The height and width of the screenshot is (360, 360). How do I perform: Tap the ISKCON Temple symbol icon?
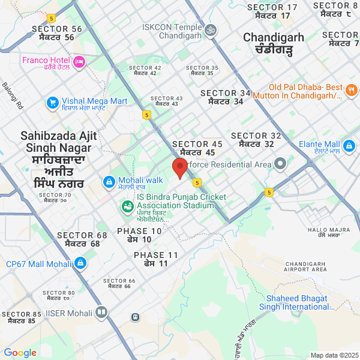210,29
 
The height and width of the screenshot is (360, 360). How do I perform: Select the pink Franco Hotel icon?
79,61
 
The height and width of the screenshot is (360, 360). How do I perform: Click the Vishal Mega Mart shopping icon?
53,103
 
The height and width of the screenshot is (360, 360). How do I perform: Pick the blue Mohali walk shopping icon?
109,181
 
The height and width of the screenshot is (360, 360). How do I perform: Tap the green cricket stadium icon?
127,206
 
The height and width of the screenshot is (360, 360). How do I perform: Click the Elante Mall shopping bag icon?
349,145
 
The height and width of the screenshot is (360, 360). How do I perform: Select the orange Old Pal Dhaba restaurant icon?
352,91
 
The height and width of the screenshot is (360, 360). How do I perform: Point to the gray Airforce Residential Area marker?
280,164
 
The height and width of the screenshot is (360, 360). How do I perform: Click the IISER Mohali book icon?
101,313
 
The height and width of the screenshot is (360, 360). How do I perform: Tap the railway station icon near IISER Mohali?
136,317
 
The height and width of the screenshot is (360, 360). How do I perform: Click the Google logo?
20,353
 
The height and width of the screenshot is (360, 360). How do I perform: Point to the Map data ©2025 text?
333,355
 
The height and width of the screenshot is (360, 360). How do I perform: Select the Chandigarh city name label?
273,43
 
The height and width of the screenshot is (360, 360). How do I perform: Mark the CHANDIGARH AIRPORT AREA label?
306,267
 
